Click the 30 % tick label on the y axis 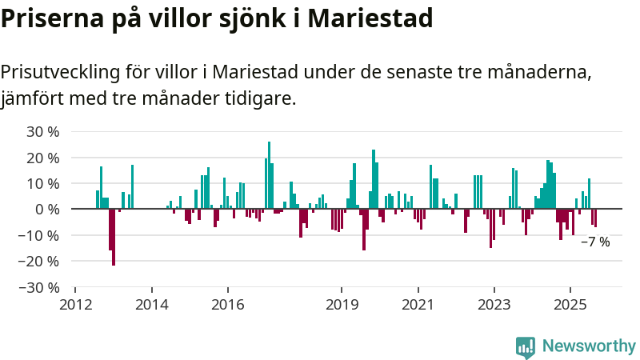pos(42,132)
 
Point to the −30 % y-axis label pos(39,287)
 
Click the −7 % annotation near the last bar pos(595,242)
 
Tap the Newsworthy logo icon pos(526,346)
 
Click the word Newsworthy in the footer pos(589,346)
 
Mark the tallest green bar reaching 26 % pos(269,175)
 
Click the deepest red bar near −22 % pos(114,237)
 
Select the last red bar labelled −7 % pos(595,218)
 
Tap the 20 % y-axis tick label pos(42,158)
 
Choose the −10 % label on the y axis pos(39,235)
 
